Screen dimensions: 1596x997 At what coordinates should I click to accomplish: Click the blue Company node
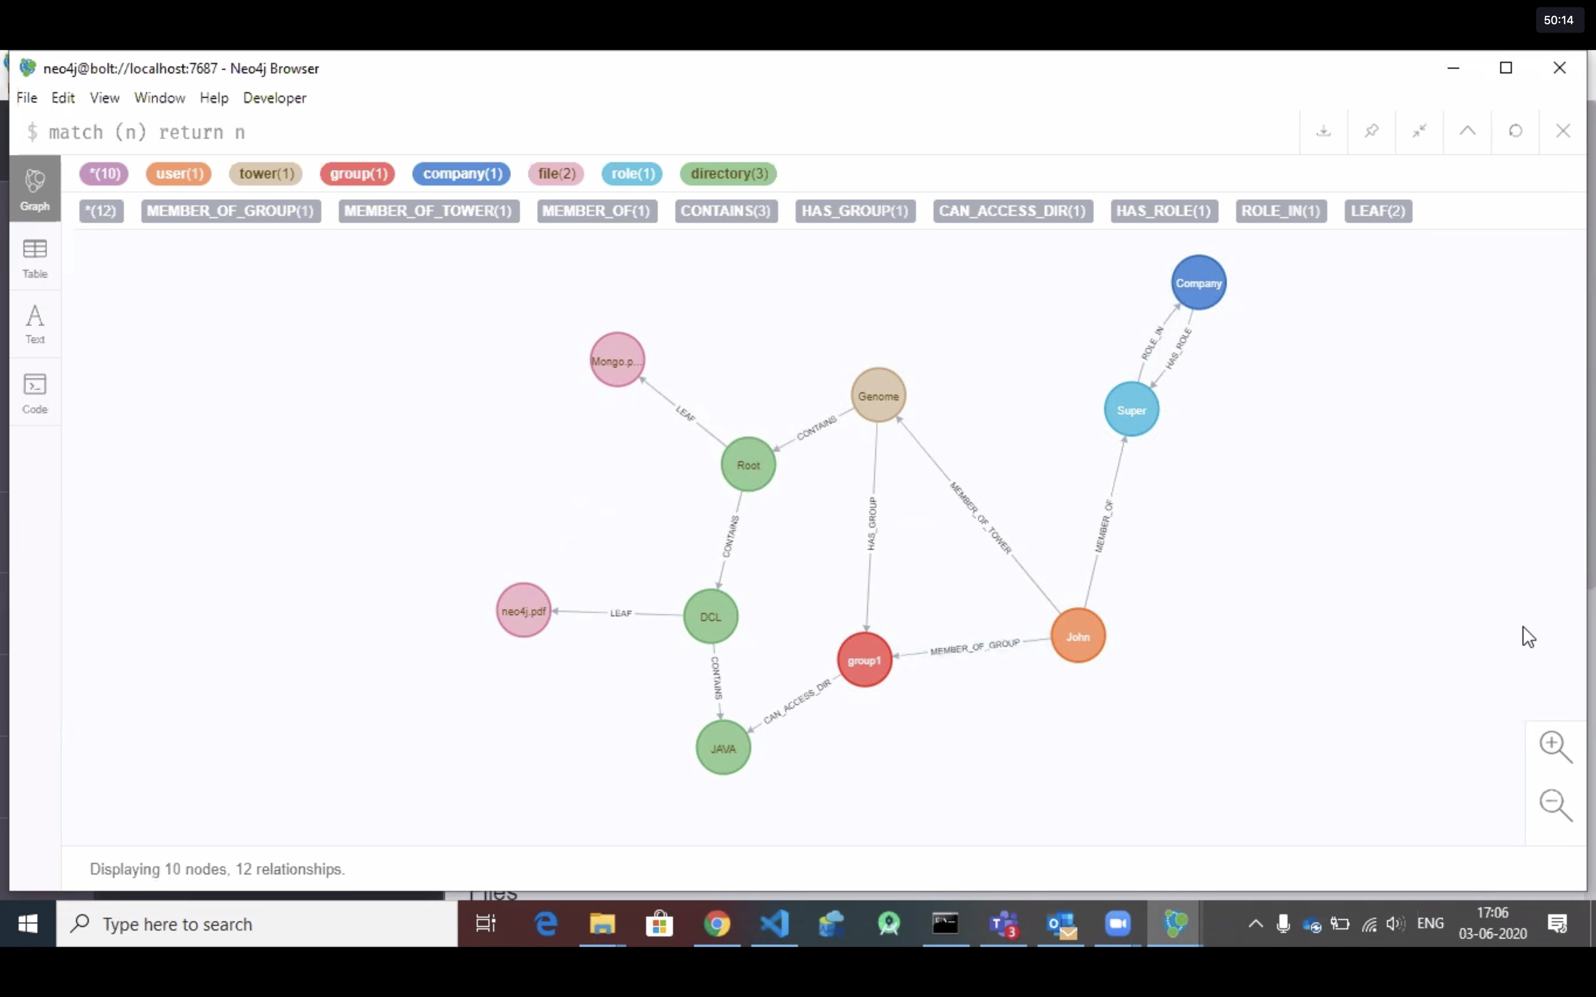click(1198, 283)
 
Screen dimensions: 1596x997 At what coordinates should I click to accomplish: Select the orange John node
click(1078, 636)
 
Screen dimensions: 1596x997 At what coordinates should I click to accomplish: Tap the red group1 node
click(864, 659)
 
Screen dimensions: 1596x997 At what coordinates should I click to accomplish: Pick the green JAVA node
click(723, 748)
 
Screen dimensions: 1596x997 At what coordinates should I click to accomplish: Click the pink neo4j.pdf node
click(523, 611)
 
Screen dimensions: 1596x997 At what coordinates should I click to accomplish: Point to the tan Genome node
click(878, 395)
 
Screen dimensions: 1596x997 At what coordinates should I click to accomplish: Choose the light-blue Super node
click(1131, 409)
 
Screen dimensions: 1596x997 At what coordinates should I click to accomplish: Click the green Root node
click(748, 465)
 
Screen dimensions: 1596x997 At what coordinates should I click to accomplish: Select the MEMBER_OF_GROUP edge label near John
click(975, 647)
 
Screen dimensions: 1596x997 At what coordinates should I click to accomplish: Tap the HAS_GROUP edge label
click(872, 524)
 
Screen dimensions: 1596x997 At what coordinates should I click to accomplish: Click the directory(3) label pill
click(729, 173)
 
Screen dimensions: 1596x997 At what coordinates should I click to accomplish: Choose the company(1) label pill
click(462, 173)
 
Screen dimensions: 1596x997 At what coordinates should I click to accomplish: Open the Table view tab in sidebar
click(35, 258)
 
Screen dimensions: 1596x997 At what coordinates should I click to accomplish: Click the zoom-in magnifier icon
click(1556, 746)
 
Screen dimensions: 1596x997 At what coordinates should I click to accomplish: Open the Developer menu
click(275, 98)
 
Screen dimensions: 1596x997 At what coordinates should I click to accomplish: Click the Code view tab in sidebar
click(35, 393)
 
